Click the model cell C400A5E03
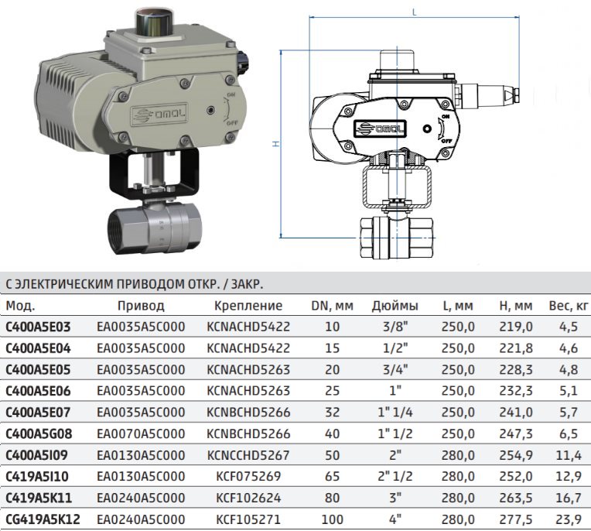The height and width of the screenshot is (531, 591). (38, 327)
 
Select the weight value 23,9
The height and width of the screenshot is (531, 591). (569, 519)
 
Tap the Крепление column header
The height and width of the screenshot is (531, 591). (248, 306)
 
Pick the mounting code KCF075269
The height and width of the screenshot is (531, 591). (248, 477)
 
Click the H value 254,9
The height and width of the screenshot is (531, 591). (516, 455)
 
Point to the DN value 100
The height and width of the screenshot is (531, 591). (332, 519)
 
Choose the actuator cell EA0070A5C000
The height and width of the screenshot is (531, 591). (141, 433)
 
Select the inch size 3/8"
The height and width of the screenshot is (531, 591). (395, 327)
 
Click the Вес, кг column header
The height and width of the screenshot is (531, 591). (569, 306)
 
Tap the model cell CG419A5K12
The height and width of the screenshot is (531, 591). (43, 519)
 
